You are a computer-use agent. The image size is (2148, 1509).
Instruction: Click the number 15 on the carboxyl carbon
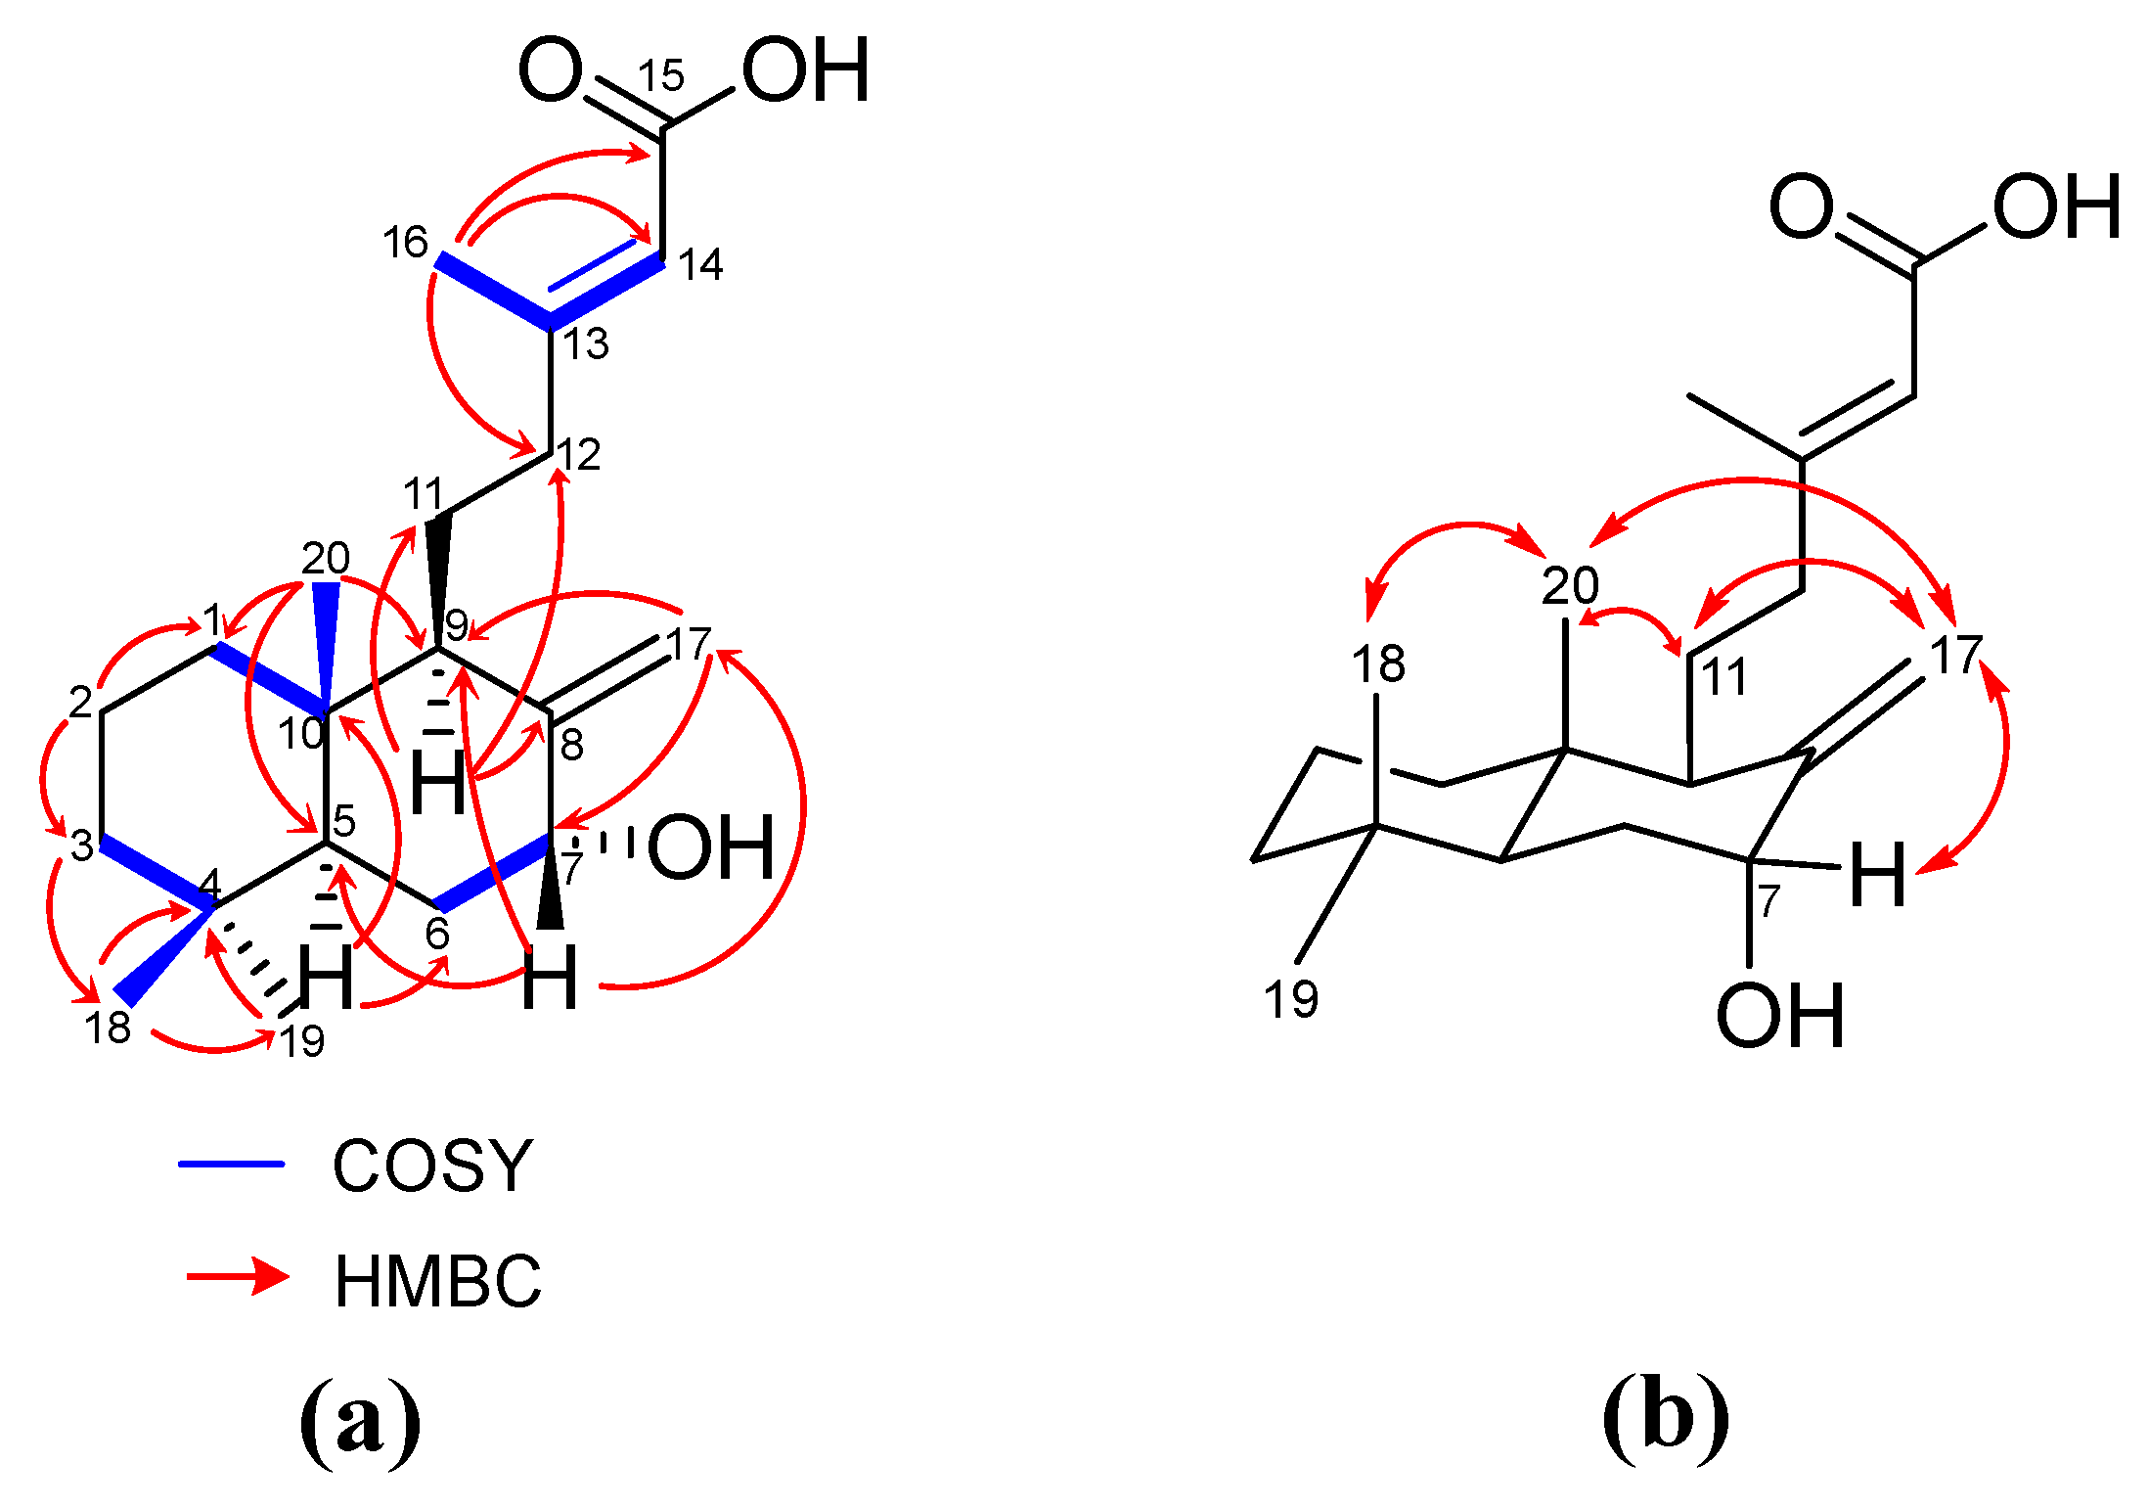(661, 75)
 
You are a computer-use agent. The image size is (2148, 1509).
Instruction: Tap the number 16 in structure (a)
(405, 242)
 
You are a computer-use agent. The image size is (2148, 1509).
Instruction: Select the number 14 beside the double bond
(700, 264)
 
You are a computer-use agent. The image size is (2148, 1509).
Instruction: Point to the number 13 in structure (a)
(585, 344)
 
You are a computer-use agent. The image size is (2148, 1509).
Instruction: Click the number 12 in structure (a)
(578, 455)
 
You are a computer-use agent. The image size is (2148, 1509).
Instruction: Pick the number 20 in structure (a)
(325, 559)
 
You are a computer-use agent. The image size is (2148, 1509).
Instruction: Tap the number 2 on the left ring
(80, 702)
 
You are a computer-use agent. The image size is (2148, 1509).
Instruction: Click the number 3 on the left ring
(82, 846)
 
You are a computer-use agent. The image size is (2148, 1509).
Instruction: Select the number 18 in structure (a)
(108, 1028)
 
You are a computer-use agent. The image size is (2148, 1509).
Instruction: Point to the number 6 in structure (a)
(437, 934)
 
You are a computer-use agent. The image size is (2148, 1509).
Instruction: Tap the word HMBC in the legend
(437, 1281)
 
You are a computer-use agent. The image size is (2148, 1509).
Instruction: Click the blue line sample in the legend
(231, 1164)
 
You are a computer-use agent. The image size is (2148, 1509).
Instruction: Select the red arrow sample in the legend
(238, 1277)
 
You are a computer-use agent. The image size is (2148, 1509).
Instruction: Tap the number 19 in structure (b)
(1291, 999)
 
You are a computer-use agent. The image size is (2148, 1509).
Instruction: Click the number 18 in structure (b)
(1378, 663)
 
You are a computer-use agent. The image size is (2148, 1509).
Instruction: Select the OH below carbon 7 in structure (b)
(1779, 1017)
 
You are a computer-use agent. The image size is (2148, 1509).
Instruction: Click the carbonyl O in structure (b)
(1801, 207)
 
